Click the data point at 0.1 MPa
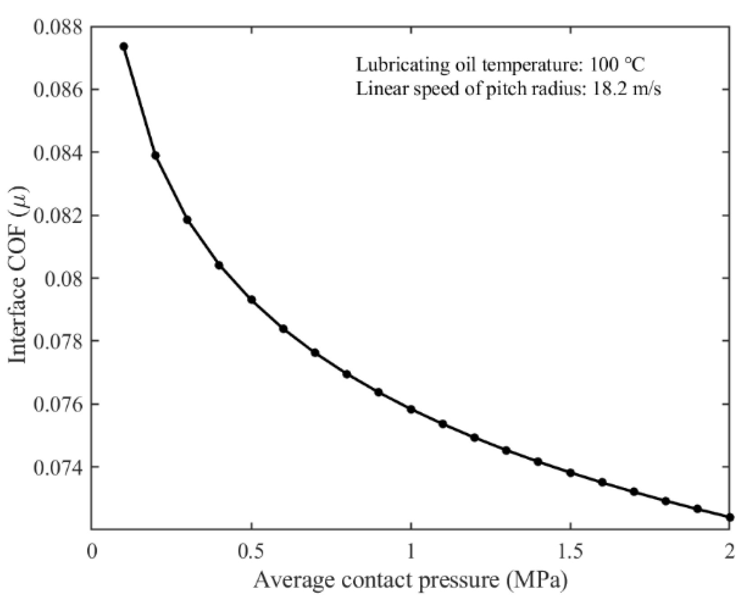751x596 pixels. pos(124,46)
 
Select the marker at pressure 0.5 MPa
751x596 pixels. pos(252,300)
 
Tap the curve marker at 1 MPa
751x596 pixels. pos(411,409)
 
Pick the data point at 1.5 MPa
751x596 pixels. pos(570,473)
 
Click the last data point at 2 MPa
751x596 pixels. pos(730,517)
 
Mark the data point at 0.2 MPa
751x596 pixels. pos(156,156)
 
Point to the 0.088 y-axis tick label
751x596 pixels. pos(59,27)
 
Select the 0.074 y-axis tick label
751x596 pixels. pos(59,467)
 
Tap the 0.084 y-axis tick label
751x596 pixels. pos(59,153)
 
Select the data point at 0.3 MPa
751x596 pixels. pos(188,220)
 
